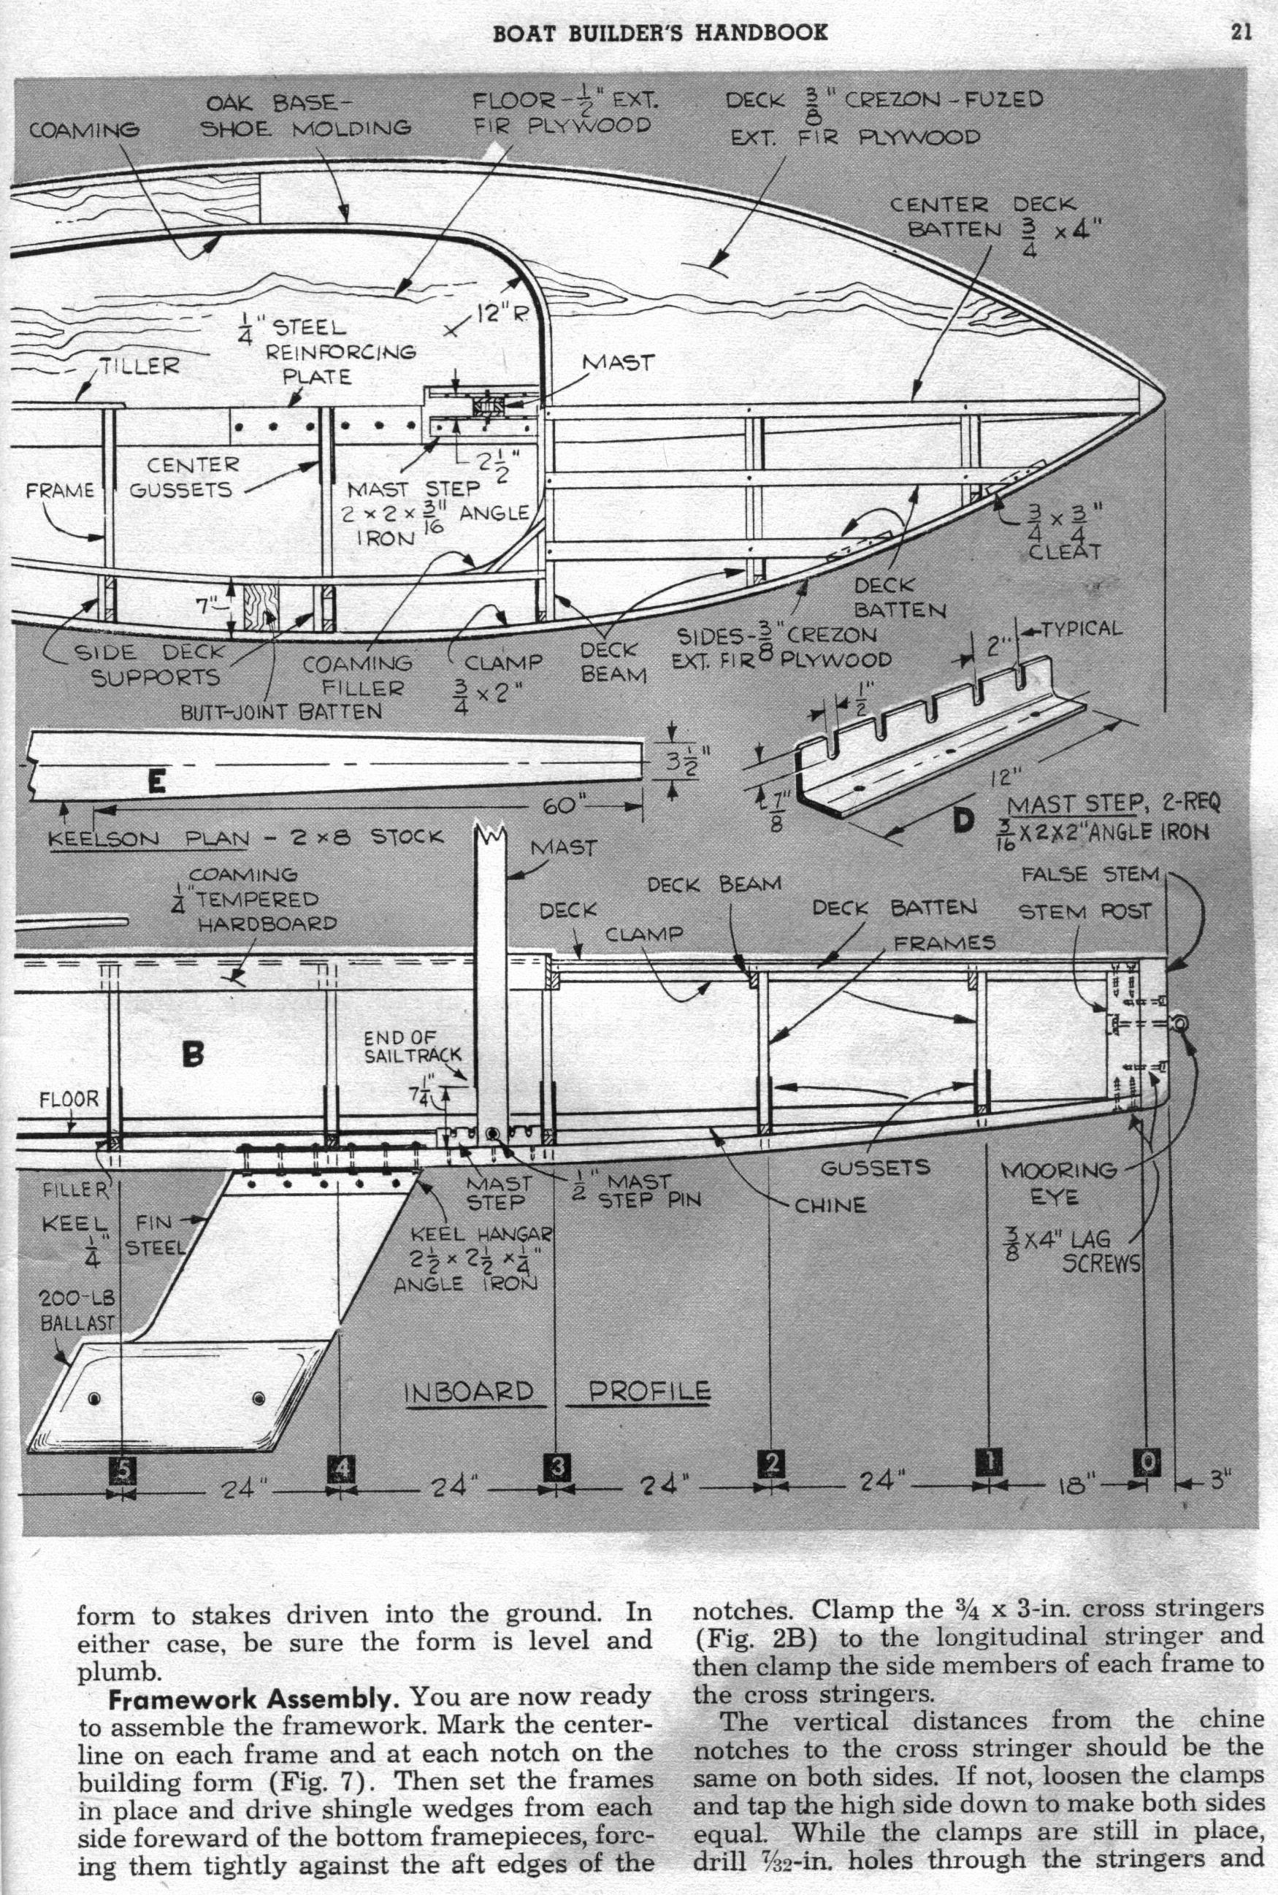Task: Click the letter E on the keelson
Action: (157, 782)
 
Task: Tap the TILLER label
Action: (139, 365)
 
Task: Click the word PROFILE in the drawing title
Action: (650, 1390)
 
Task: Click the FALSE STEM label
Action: (1090, 875)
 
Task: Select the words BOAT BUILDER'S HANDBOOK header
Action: (660, 33)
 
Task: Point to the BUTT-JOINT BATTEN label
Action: (281, 711)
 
